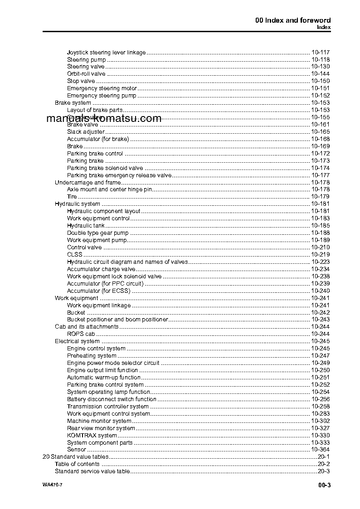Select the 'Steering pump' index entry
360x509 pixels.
tap(86, 59)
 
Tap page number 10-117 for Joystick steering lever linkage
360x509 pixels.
tap(321, 52)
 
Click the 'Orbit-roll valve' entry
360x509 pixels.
tap(86, 74)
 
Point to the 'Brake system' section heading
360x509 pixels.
tap(73, 103)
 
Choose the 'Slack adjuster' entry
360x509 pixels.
tap(86, 132)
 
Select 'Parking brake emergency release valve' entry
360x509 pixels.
tap(119, 175)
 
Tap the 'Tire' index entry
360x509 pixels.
tap(72, 197)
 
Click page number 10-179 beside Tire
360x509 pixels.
tap(321, 197)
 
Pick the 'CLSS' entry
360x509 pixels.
tap(75, 255)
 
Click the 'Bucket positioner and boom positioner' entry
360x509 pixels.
tap(117, 320)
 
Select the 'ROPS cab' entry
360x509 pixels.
tap(81, 334)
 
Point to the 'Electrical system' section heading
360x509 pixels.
tap(77, 341)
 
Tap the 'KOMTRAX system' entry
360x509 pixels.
tap(92, 436)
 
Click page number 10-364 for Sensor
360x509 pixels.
tap(321, 450)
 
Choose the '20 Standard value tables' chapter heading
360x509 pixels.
tap(75, 457)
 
